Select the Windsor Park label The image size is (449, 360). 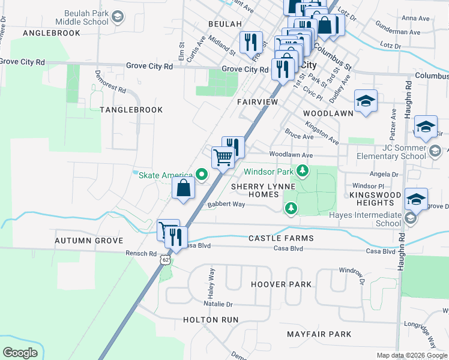pyautogui.click(x=268, y=172)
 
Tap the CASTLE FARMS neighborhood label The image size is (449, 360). pyautogui.click(x=281, y=238)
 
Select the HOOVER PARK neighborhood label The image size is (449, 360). pyautogui.click(x=281, y=284)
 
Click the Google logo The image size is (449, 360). pyautogui.click(x=20, y=352)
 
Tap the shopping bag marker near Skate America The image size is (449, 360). pyautogui.click(x=184, y=188)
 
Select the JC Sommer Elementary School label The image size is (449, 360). pyautogui.click(x=387, y=152)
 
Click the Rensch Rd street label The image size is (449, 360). pyautogui.click(x=142, y=253)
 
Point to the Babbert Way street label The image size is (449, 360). pyautogui.click(x=226, y=204)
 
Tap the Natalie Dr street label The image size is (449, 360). pyautogui.click(x=217, y=304)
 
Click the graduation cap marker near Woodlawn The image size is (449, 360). pyautogui.click(x=365, y=101)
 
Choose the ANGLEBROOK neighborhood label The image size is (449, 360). pyautogui.click(x=51, y=33)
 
